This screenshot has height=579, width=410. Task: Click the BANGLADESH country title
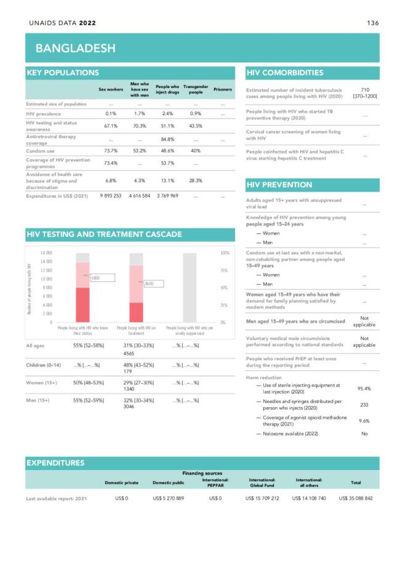click(x=75, y=48)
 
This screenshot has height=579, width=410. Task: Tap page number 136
click(x=372, y=23)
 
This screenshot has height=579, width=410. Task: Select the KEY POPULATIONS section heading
click(x=62, y=73)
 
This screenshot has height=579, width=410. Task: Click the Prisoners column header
click(x=222, y=89)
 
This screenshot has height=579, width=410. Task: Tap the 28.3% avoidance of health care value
click(x=195, y=180)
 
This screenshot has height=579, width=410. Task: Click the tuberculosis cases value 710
click(x=364, y=90)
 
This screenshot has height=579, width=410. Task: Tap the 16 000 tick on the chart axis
click(x=46, y=253)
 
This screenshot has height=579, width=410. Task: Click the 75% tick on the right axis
click(x=224, y=270)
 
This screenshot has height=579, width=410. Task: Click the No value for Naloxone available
click(x=364, y=434)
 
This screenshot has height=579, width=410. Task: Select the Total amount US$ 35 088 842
click(x=356, y=498)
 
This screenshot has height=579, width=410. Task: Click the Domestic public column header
click(x=168, y=482)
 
